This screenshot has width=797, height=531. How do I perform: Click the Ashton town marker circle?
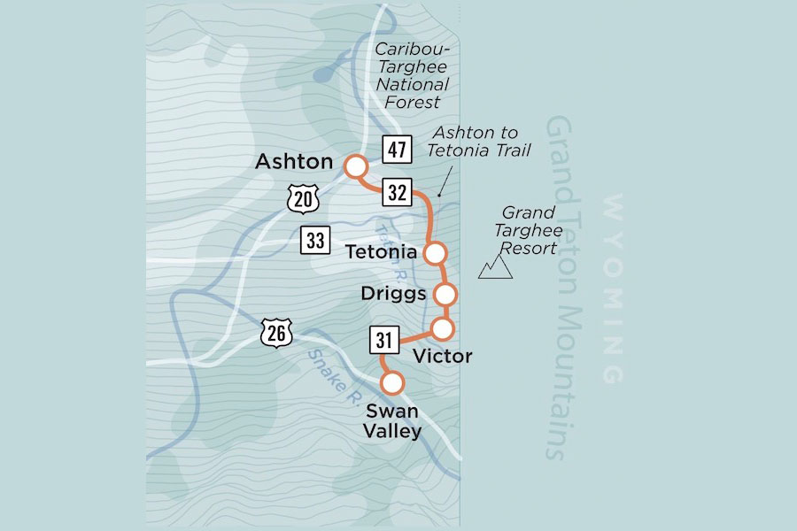coord(356,166)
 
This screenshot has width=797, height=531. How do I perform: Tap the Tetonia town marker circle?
coord(435,253)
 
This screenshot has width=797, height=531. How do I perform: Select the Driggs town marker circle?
coord(445,293)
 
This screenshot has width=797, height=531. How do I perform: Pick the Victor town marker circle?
coord(442,329)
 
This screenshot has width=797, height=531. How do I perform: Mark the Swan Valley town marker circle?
coord(391,383)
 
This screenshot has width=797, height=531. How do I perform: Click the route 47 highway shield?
coord(397,149)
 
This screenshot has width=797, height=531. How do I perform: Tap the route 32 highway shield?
coord(397,192)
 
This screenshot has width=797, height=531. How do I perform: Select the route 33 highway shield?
coord(314,239)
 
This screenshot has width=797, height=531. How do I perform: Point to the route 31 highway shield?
coord(383,339)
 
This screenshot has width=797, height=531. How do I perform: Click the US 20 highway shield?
coord(303,199)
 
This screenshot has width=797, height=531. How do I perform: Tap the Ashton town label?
coord(294,163)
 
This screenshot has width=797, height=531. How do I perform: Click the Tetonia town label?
coord(382,253)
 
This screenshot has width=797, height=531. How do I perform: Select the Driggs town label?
coord(395,293)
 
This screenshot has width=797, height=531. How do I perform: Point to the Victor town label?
coord(443,356)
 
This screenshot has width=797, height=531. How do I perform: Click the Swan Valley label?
coord(391,421)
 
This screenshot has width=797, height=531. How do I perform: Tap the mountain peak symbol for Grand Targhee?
coord(496,267)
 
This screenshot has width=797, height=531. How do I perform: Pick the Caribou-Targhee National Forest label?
coord(412,75)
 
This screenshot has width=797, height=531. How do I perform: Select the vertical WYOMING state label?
coord(612,289)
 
